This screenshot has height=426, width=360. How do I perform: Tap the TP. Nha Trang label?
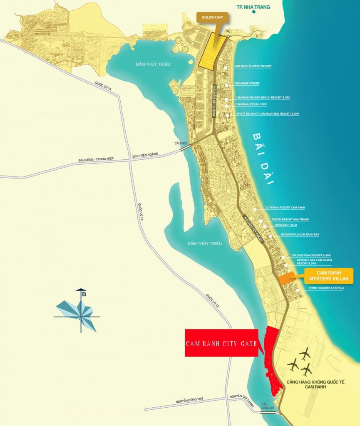[x=253, y=7]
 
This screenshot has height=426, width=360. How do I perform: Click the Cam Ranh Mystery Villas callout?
[x=329, y=275]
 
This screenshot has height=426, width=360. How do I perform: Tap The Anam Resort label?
[x=246, y=83]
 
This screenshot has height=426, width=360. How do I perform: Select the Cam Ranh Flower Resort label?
[x=253, y=66]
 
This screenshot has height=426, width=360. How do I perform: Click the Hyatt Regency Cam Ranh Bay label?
[x=267, y=114]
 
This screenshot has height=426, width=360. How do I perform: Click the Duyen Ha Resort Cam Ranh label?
[x=285, y=207]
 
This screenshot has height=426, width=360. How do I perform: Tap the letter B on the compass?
[x=84, y=295]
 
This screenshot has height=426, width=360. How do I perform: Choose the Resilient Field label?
[x=286, y=225]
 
